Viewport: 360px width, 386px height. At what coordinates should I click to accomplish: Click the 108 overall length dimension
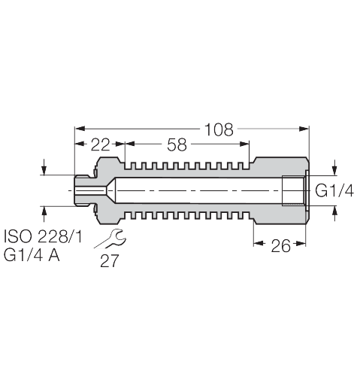tap(219, 129)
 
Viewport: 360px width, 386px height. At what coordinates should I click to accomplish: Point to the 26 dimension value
tap(280, 245)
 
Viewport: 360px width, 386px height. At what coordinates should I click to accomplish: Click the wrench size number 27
tap(109, 260)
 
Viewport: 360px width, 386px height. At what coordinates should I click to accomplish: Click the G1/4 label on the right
tap(333, 191)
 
